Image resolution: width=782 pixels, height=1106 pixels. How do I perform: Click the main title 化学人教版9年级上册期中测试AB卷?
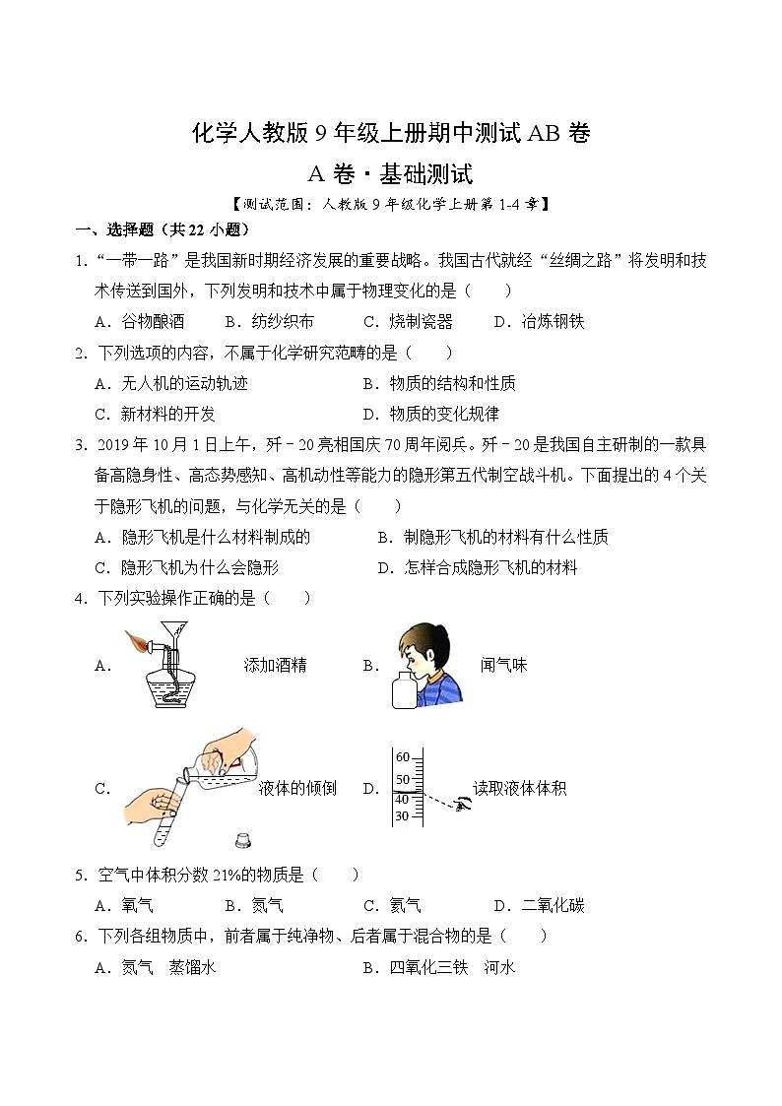[390, 134]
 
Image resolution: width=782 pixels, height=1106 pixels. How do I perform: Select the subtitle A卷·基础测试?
[390, 175]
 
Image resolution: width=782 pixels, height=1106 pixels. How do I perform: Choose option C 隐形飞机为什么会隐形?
[187, 567]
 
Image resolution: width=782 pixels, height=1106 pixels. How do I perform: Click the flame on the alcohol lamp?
[136, 642]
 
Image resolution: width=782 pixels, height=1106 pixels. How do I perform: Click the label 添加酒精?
[275, 665]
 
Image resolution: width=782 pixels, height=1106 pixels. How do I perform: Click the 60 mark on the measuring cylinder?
[402, 757]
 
